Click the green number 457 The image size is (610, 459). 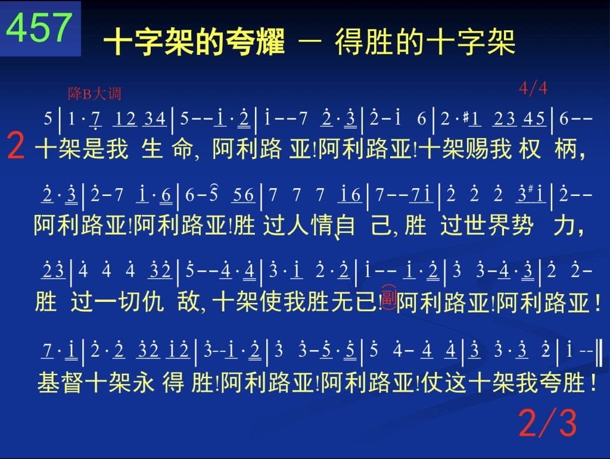coord(39,27)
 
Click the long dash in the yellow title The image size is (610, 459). coord(310,41)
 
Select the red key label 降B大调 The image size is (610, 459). coord(95,93)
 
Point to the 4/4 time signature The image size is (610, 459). coord(533,89)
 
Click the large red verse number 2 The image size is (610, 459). coord(16,146)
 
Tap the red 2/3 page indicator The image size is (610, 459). coord(547,423)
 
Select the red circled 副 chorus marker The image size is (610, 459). coord(388,297)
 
